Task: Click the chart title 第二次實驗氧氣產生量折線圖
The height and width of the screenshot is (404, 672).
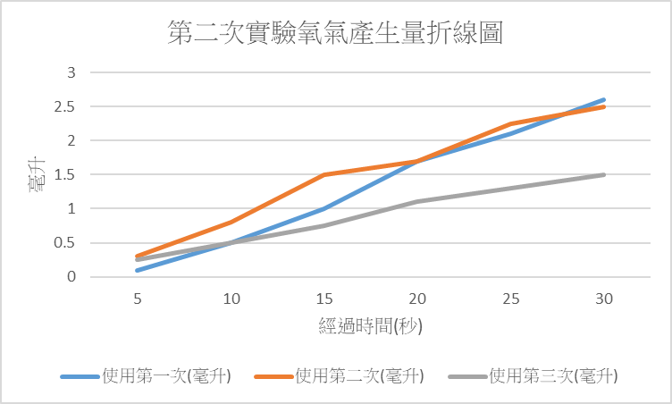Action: [335, 34]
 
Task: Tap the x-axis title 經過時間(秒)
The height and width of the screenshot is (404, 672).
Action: [370, 326]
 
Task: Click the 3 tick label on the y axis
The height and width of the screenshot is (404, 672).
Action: [72, 72]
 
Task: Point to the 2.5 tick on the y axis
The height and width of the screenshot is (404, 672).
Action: [68, 106]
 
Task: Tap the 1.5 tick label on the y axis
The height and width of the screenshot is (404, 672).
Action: [68, 174]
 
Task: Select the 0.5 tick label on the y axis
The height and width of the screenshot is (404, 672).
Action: [68, 242]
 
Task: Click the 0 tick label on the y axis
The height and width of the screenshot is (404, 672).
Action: [72, 277]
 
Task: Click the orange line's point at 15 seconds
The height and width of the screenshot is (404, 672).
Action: [323, 174]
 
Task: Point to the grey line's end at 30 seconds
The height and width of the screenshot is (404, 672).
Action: [604, 174]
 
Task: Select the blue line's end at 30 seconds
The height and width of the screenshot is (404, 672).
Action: [604, 99]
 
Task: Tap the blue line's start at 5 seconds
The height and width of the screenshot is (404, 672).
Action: [138, 270]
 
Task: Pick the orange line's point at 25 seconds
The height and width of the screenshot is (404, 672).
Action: [510, 124]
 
